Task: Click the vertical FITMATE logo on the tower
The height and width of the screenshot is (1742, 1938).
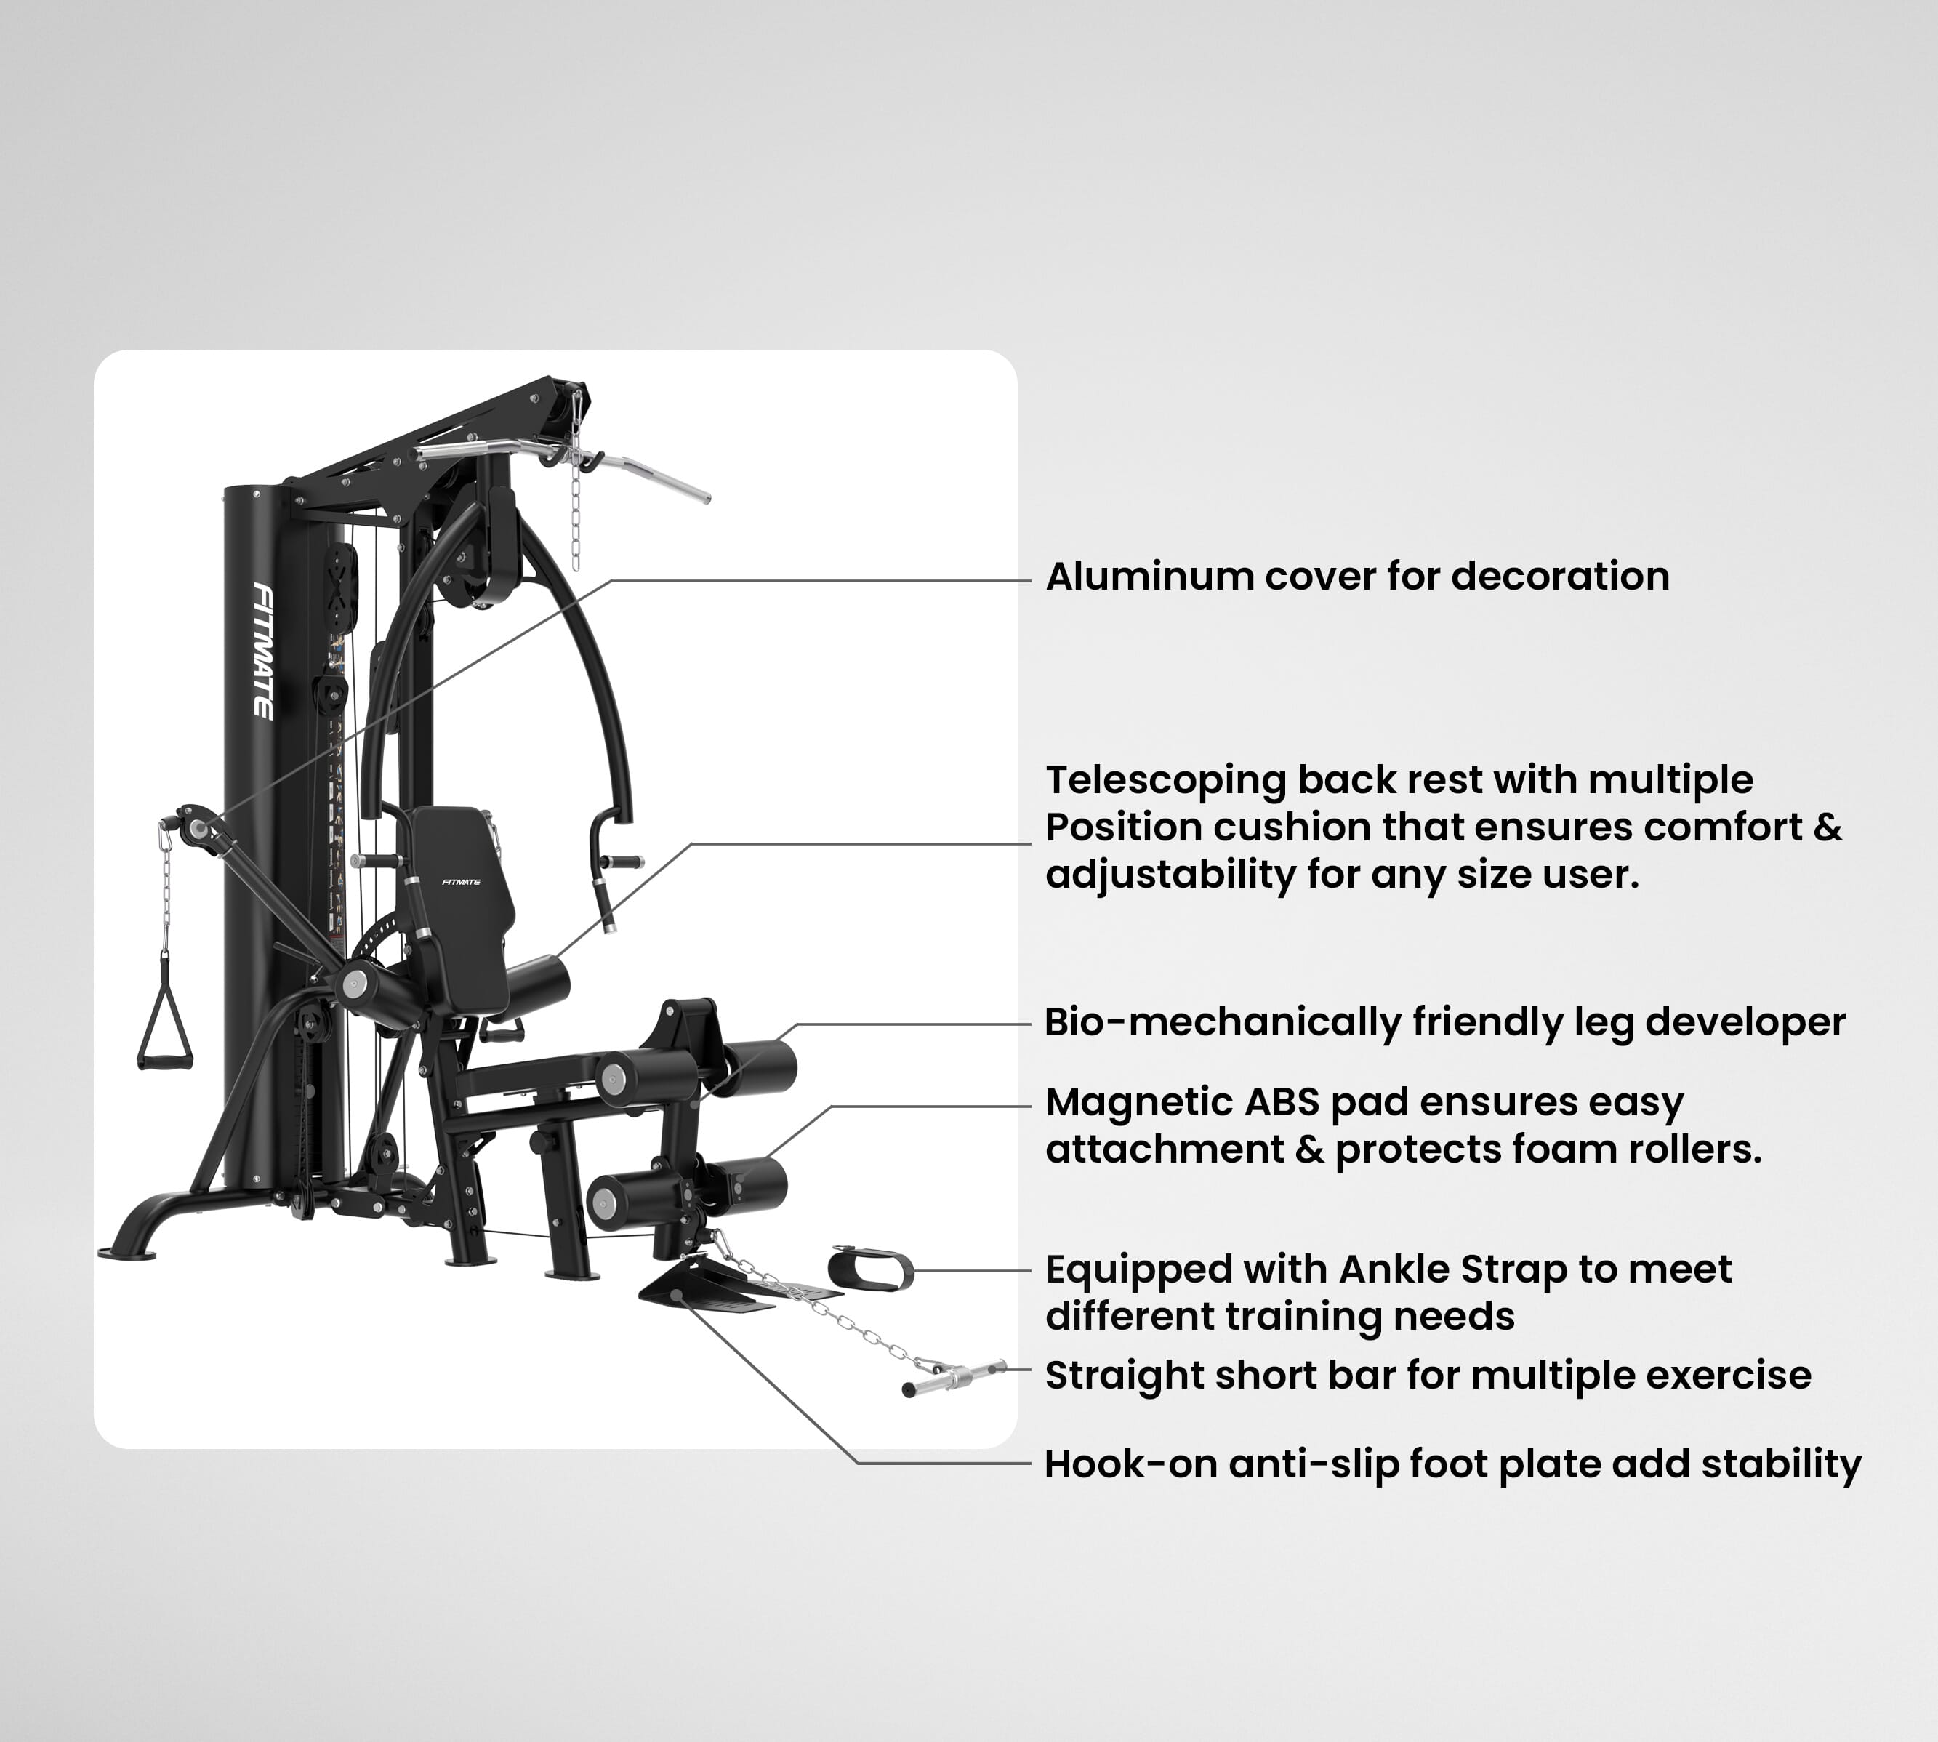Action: coord(262,651)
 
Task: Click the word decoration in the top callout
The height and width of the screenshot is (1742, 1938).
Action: coord(1560,577)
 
